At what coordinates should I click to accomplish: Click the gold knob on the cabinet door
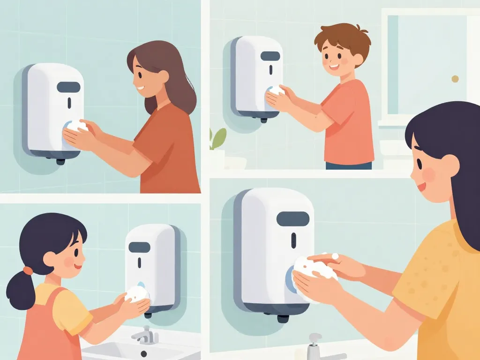tap(455, 79)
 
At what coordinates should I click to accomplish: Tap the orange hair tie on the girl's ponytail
tap(28, 271)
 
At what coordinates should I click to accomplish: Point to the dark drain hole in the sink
tap(143, 353)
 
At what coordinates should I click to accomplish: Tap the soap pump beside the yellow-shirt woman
tap(314, 345)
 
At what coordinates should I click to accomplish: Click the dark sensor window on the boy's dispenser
tap(270, 56)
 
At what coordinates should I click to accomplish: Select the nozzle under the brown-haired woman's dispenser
tap(60, 161)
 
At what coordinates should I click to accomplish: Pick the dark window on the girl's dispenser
tap(139, 247)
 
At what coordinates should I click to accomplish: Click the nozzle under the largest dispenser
tap(283, 318)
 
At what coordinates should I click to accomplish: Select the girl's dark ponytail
tap(21, 291)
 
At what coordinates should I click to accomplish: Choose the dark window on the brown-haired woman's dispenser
tap(68, 87)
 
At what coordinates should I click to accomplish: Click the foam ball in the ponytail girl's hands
tap(137, 294)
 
